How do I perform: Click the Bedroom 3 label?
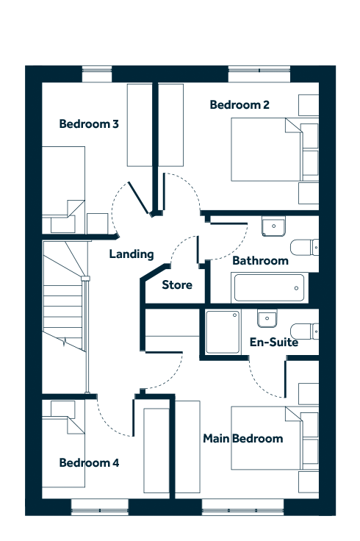tap(89, 123)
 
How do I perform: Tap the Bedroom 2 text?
tap(240, 104)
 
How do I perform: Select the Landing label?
tap(132, 254)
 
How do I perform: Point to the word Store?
tap(177, 285)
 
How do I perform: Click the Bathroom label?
tap(260, 260)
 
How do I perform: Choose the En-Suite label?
tap(274, 342)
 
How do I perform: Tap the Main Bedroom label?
tap(243, 438)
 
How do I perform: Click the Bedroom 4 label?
tap(89, 462)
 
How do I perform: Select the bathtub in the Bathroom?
tap(270, 287)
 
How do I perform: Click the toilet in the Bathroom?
tap(304, 247)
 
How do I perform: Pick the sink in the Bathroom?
tap(273, 226)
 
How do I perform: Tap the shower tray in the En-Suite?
tap(223, 332)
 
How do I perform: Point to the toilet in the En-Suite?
tap(304, 332)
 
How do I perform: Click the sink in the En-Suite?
tap(267, 318)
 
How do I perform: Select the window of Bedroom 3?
tap(97, 74)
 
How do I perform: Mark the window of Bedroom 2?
tap(259, 74)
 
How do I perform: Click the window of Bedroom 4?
tap(100, 507)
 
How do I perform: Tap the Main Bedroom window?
tap(242, 507)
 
